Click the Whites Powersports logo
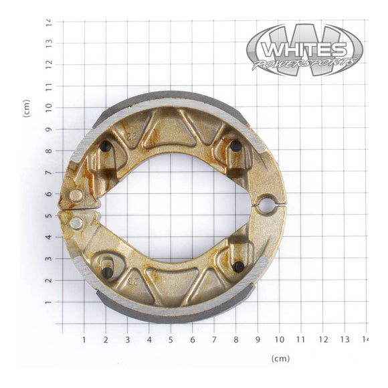[x=304, y=50]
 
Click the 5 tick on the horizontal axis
[x=171, y=340]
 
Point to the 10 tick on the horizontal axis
[x=279, y=340]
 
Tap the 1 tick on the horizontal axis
[x=84, y=340]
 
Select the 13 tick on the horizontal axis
[x=345, y=340]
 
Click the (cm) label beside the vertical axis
[x=27, y=108]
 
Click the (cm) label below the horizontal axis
[x=281, y=359]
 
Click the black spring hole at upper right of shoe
[x=236, y=146]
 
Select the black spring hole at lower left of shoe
[x=107, y=272]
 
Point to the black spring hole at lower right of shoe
[x=237, y=266]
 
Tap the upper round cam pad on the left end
[x=76, y=195]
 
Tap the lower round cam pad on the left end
[x=76, y=222]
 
